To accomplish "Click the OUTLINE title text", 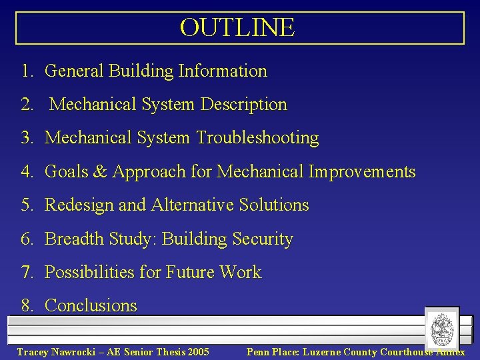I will [237, 27].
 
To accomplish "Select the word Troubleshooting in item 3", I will [257, 138].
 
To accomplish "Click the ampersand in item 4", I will [100, 171].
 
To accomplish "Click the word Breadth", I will [73, 239].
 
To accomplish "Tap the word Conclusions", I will [91, 306].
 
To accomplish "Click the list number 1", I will [26, 71].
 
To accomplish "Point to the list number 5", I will [26, 205].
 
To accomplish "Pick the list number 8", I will [26, 306].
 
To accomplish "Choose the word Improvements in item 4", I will [362, 171].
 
